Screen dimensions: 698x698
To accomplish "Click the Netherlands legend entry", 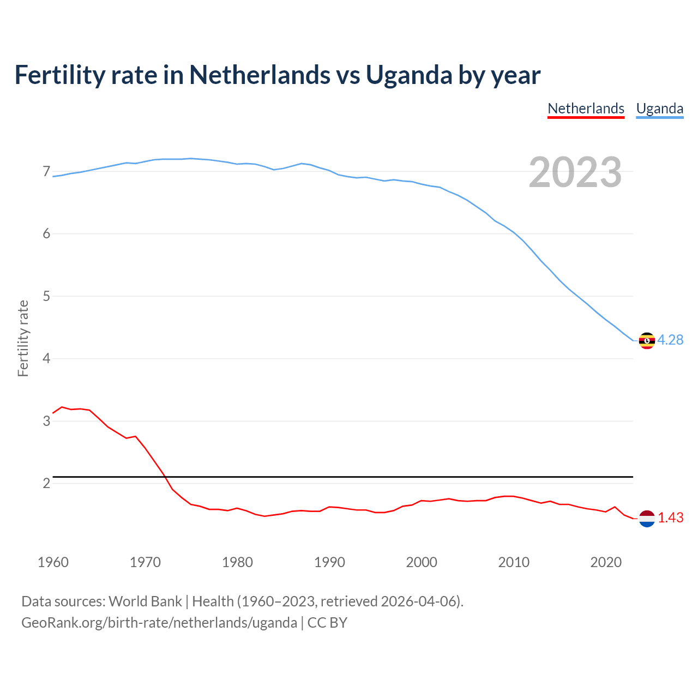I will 586,109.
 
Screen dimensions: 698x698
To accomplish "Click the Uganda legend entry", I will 660,109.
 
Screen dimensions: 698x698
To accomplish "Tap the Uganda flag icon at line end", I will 647,340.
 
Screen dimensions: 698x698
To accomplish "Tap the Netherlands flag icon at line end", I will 647,519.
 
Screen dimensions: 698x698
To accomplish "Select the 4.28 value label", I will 670,340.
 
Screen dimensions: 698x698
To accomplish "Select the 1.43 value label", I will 670,518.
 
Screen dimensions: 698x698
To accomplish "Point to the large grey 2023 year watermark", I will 575,172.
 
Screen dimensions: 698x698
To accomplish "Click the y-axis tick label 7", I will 46,172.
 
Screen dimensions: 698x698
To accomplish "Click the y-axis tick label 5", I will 46,297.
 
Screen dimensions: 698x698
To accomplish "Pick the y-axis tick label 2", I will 46,484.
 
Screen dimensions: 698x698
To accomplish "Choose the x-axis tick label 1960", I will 53,562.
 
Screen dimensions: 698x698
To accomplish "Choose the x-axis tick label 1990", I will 329,562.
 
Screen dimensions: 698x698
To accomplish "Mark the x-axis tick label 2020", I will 606,562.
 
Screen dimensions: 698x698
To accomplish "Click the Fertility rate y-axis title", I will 23,338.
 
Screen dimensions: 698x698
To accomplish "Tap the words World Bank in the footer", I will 145,601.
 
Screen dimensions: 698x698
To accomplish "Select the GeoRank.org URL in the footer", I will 159,623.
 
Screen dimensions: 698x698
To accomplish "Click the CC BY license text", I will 327,623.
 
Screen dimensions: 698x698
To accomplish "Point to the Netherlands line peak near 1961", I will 62,407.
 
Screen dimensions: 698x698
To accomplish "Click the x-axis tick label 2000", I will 422,562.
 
